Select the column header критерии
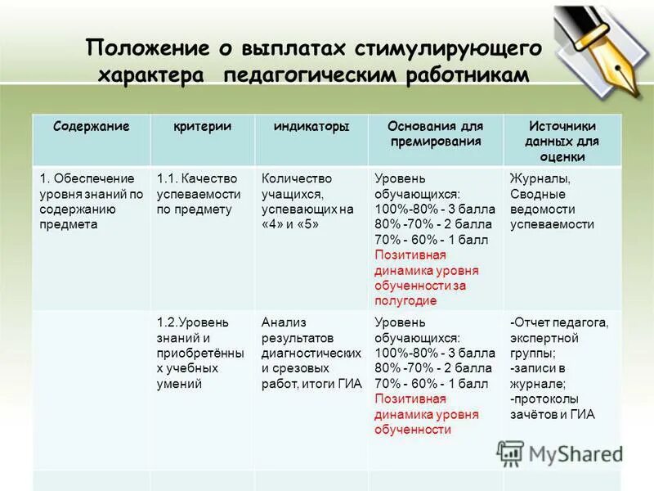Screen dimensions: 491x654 tap(202, 126)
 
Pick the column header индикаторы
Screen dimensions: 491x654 tap(311, 126)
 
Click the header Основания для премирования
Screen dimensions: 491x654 tap(435, 133)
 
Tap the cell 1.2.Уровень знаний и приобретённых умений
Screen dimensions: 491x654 tap(200, 352)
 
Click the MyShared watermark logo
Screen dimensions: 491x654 tap(559, 454)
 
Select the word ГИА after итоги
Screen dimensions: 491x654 tap(350, 383)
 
